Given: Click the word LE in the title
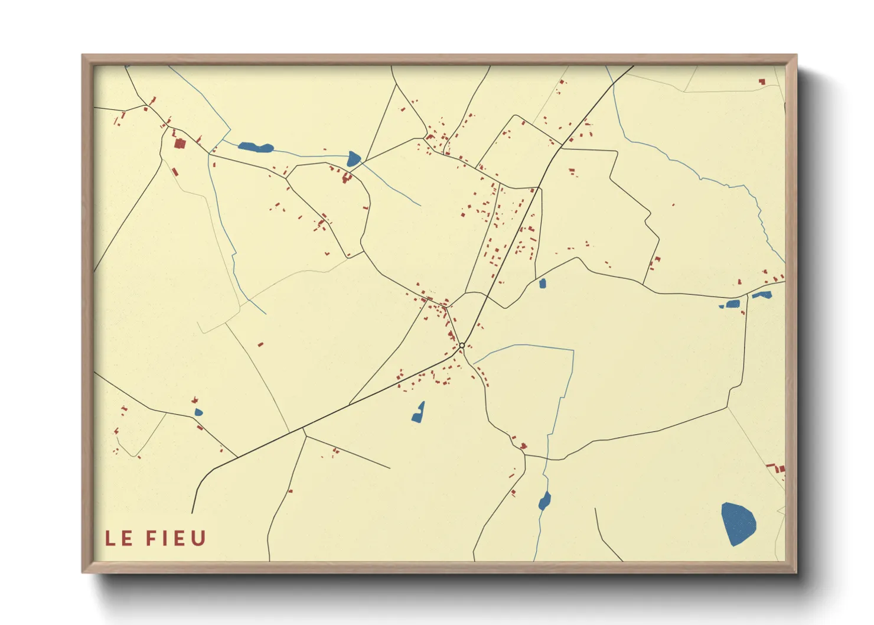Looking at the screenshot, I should click(x=119, y=538).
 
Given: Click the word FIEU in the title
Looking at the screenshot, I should click(x=176, y=538).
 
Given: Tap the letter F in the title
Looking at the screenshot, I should click(x=151, y=538).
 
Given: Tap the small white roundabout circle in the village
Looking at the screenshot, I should click(x=462, y=346).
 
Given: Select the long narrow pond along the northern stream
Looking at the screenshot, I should click(x=255, y=147).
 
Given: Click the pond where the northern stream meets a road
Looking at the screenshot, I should click(x=353, y=158).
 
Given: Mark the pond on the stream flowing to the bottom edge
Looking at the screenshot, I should click(x=544, y=501).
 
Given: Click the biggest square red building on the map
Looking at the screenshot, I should click(x=180, y=143).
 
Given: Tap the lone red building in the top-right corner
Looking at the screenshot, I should click(x=762, y=82).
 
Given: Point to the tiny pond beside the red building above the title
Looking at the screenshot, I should click(x=198, y=412).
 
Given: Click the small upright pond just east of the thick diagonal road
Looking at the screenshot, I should click(x=542, y=284).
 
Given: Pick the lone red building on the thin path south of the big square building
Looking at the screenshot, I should click(x=175, y=171).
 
